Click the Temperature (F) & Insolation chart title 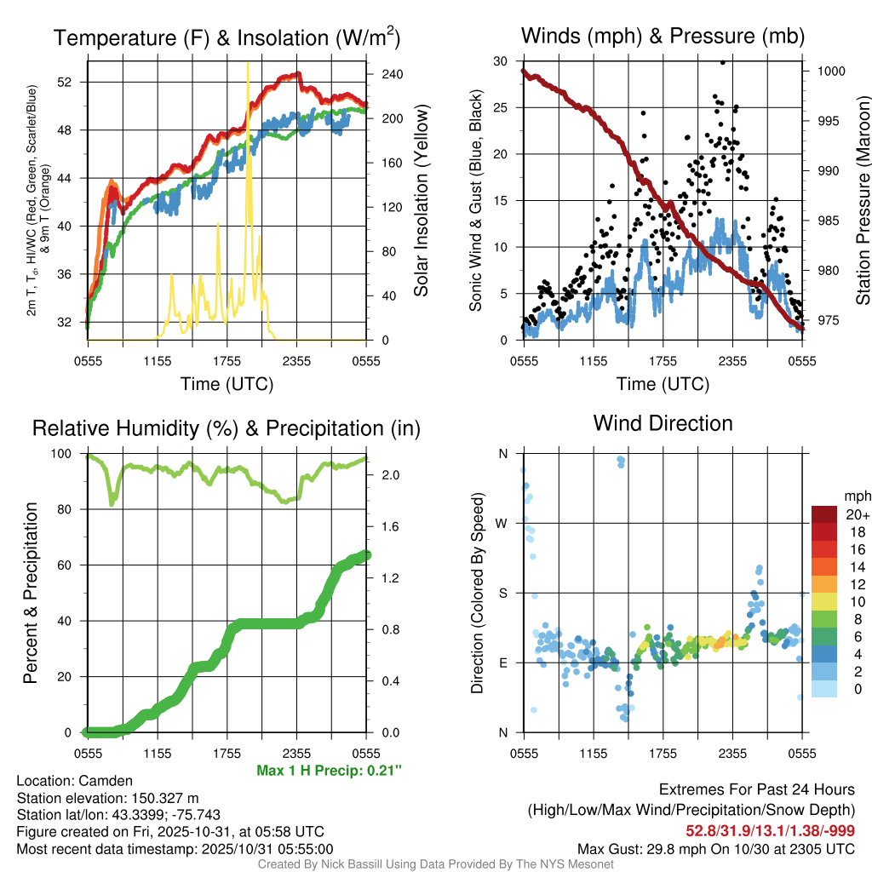point(227,37)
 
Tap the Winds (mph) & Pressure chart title point(663,37)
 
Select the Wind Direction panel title point(663,423)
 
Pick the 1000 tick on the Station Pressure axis point(829,72)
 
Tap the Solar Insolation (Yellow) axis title point(422,201)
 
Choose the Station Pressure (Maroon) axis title point(863,201)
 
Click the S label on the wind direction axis point(502,593)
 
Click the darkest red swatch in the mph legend point(824,514)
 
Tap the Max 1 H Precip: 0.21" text point(329,771)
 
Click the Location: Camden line point(74,781)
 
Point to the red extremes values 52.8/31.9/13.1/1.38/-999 point(770,830)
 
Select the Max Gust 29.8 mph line point(716,848)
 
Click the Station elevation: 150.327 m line point(107,798)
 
